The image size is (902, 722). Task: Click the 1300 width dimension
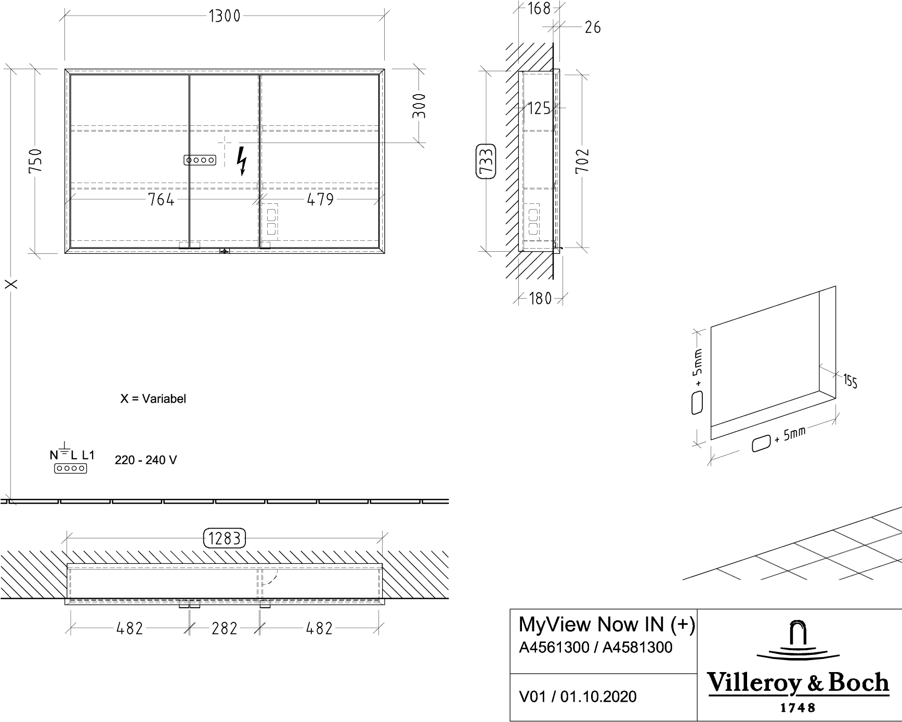point(225,16)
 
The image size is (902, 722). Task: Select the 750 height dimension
point(35,161)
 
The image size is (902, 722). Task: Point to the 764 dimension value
point(161,199)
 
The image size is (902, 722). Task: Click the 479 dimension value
point(320,199)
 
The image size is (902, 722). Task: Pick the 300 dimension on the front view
point(419,106)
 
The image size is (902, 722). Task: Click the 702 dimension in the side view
point(582,161)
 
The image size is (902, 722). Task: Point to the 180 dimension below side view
point(540,299)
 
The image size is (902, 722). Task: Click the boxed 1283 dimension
point(224,538)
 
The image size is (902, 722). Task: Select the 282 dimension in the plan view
point(224,628)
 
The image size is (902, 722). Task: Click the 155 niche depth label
point(850,381)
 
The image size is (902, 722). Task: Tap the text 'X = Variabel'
point(153,399)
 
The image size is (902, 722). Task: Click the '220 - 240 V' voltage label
point(146,460)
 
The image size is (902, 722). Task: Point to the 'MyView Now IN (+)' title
point(607,624)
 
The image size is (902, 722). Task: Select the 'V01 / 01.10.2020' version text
point(578,697)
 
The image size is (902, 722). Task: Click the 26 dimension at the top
point(593,27)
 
